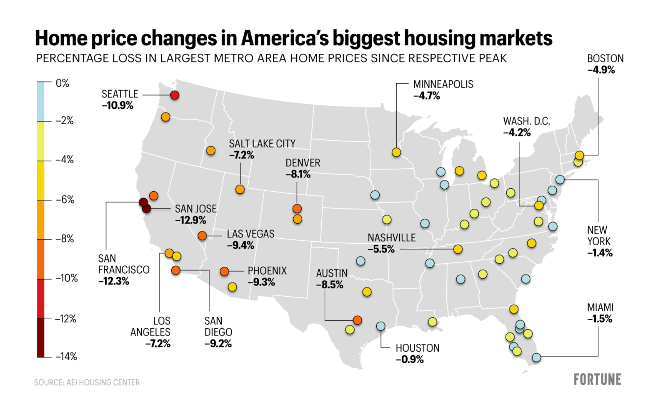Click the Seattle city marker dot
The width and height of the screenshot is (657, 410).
click(x=174, y=95)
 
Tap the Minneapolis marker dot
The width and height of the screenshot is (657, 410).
click(x=396, y=152)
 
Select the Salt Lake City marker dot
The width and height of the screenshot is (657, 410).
click(x=240, y=189)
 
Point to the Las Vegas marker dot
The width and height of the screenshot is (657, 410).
click(x=202, y=236)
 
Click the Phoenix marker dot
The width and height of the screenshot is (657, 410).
click(x=224, y=271)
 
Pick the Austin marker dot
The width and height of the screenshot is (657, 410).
click(x=357, y=320)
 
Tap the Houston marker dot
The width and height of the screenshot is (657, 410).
click(x=381, y=326)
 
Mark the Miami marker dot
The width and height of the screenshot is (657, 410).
click(x=537, y=357)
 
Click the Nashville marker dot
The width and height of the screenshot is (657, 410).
click(x=458, y=249)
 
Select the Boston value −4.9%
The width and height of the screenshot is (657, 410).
click(x=601, y=70)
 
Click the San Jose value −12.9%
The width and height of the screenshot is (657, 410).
click(x=191, y=220)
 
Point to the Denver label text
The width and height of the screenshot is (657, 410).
click(x=303, y=163)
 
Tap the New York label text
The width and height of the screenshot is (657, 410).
click(x=599, y=236)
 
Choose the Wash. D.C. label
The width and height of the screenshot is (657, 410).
click(x=527, y=121)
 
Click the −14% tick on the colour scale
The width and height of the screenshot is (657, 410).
click(x=66, y=357)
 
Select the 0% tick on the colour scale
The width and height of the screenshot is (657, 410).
click(x=63, y=83)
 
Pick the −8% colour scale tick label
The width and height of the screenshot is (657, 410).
click(x=65, y=239)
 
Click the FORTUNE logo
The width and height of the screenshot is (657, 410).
click(x=598, y=379)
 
